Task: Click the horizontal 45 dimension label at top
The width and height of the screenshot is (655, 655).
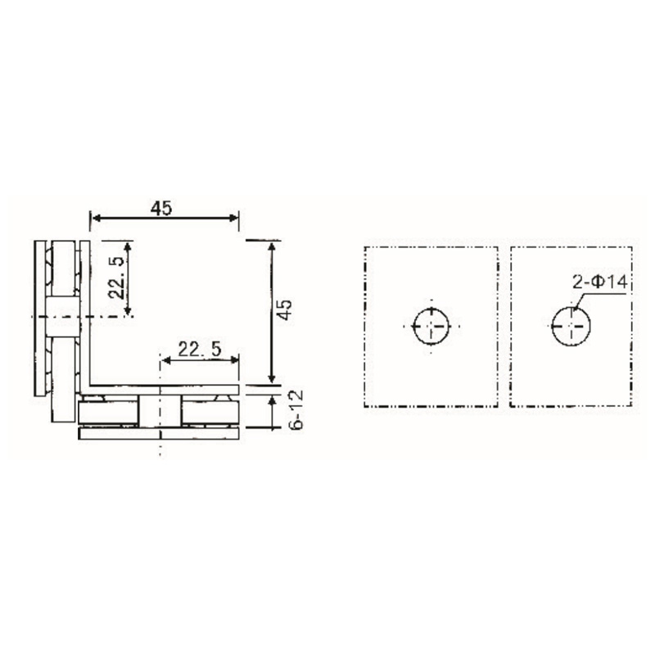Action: [x=161, y=208]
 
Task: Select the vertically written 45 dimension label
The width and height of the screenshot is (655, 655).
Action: [x=284, y=310]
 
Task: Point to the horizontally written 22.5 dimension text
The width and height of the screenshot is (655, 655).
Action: [x=199, y=349]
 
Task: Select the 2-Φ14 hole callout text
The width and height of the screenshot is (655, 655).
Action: [x=599, y=282]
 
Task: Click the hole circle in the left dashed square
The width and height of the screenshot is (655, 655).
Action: [x=431, y=326]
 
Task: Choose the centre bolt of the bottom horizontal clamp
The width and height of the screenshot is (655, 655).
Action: [x=160, y=410]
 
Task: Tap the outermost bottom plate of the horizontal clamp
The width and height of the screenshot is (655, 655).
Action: [x=160, y=433]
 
